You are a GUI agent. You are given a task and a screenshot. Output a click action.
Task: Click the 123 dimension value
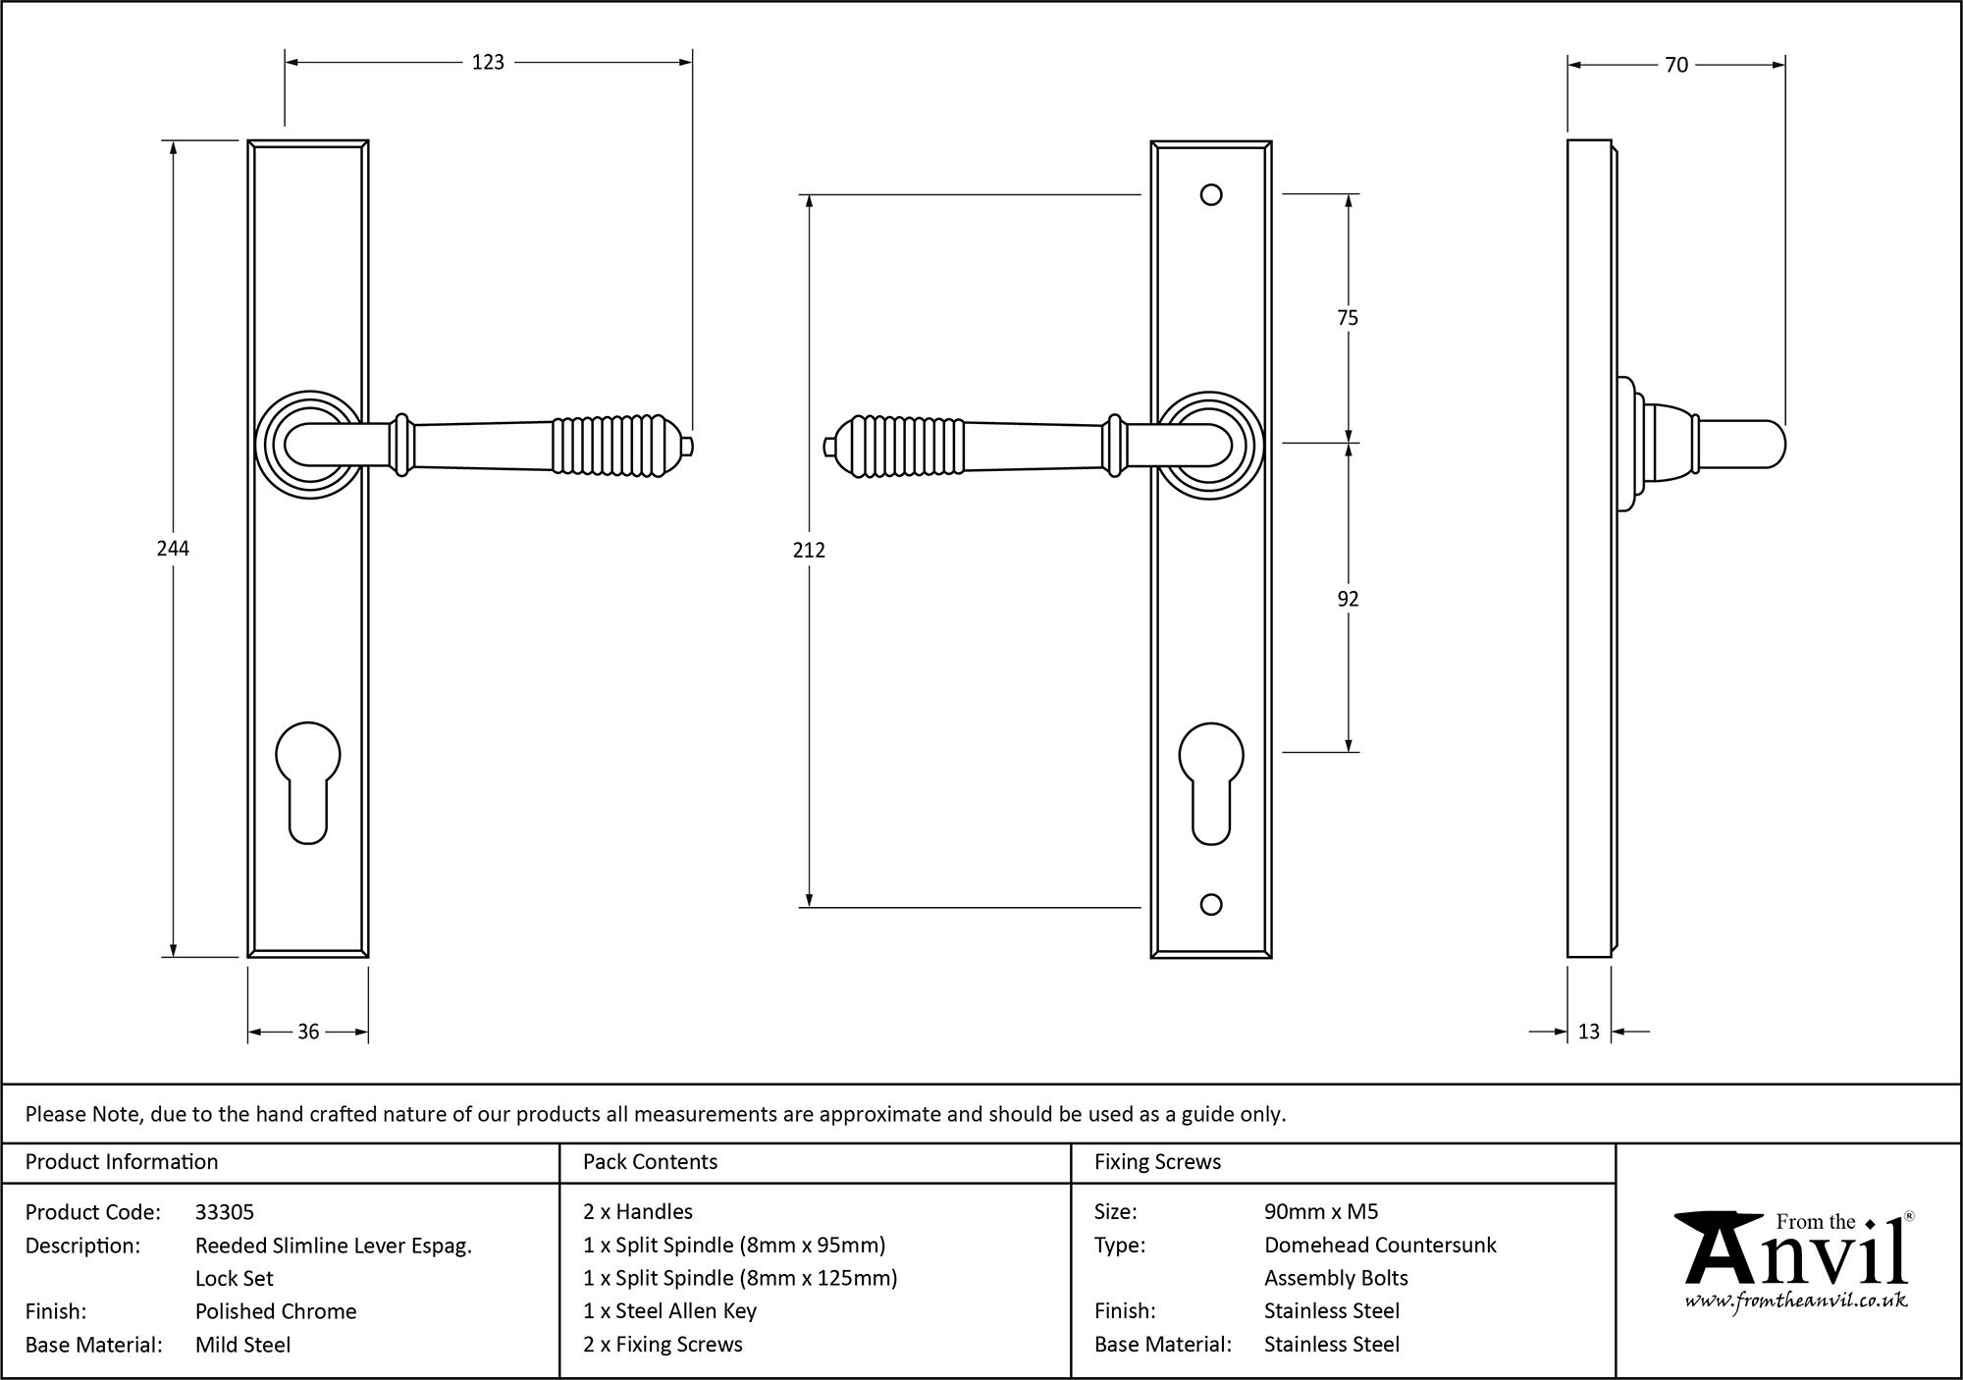point(488,63)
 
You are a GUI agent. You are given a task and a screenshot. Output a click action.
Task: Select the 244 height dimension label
point(173,549)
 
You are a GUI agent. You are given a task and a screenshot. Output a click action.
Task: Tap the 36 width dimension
point(308,1032)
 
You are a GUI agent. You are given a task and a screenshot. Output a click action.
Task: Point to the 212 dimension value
point(809,551)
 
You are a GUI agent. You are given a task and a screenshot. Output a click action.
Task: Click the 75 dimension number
point(1348,318)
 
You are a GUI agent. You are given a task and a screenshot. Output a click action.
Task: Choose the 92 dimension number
point(1348,599)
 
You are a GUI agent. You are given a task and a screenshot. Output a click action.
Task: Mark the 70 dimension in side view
point(1676,65)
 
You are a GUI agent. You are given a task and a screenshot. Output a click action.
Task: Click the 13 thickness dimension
point(1589,1032)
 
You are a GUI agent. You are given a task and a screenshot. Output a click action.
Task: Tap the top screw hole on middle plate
point(1211,194)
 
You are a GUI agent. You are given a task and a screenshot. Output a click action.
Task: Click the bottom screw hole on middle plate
point(1211,905)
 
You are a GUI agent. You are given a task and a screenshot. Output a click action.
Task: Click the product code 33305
point(225,1212)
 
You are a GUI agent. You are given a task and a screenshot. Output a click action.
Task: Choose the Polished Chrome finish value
point(276,1311)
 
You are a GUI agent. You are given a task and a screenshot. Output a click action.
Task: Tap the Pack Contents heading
point(650,1162)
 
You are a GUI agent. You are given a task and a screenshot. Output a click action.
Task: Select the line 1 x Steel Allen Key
point(669,1311)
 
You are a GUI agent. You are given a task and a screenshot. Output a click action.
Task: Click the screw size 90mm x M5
point(1321,1212)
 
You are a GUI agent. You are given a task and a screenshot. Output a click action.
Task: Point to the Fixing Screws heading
point(1157,1162)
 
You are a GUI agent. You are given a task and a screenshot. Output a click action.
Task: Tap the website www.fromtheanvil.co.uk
point(1795,1301)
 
